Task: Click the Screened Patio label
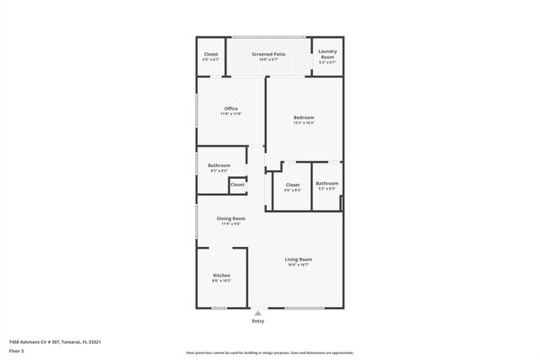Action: click(x=268, y=54)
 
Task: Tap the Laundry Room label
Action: click(x=327, y=55)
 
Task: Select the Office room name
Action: click(x=230, y=108)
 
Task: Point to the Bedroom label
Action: click(x=304, y=117)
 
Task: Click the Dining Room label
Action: click(x=230, y=218)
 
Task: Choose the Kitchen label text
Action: click(x=222, y=276)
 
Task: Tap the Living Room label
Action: click(x=298, y=259)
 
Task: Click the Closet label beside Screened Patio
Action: click(x=211, y=54)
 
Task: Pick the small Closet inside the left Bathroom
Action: click(x=237, y=184)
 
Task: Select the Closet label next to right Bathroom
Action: click(x=293, y=185)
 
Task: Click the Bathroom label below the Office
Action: click(x=219, y=165)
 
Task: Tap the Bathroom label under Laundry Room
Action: click(x=327, y=183)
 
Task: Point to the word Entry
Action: click(x=258, y=321)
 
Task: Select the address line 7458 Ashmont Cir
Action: click(x=55, y=341)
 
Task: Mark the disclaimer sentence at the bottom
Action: click(x=270, y=353)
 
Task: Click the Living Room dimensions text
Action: click(x=298, y=265)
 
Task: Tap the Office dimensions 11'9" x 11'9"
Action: click(x=230, y=114)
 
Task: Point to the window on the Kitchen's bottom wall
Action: click(x=219, y=308)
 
